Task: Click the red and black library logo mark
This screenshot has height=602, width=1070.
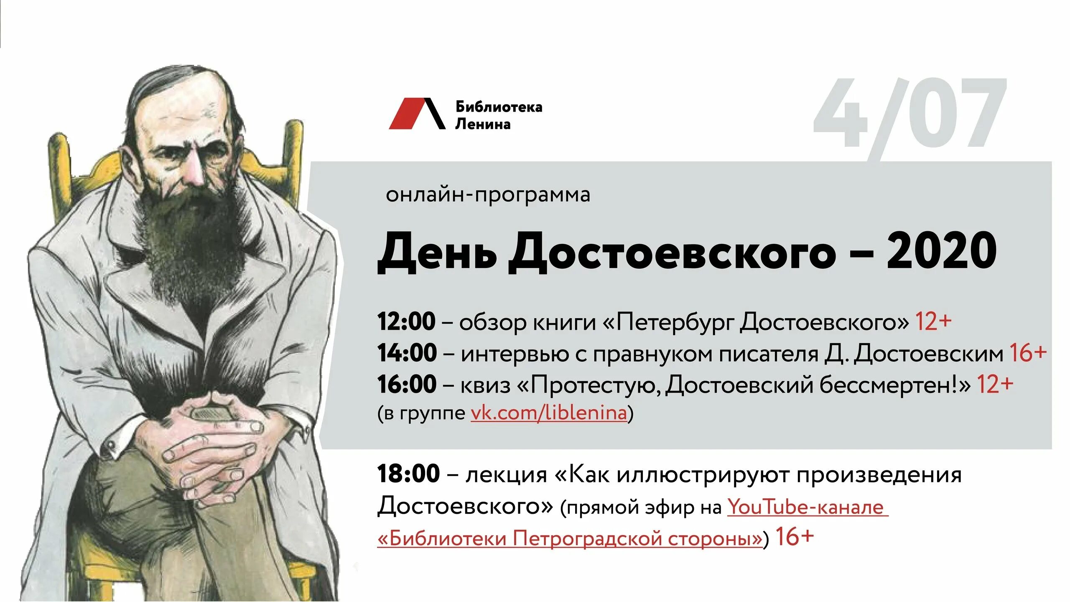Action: point(417,114)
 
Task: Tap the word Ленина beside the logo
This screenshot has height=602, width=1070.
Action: point(483,124)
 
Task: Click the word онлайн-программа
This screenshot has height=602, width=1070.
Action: point(488,195)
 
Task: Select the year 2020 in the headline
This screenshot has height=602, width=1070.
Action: point(942,252)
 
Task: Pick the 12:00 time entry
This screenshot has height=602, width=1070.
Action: point(406,321)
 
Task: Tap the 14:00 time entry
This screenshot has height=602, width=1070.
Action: point(407,353)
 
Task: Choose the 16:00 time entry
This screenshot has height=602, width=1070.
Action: point(407,384)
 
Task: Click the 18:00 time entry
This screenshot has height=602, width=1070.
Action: point(408,474)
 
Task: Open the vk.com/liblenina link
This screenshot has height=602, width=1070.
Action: point(549,413)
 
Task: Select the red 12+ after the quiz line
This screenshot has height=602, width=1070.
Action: point(995,384)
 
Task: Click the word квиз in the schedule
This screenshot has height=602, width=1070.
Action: point(485,385)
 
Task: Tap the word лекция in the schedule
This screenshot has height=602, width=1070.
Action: point(506,475)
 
